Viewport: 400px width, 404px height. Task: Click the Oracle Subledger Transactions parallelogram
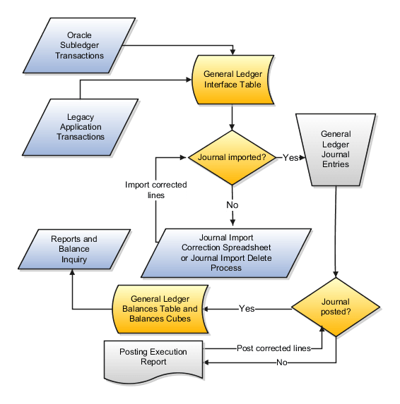tap(85, 45)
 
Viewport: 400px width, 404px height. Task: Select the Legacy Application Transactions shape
tap(81, 128)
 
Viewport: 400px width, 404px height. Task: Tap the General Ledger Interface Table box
tap(233, 79)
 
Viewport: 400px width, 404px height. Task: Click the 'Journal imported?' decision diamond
tap(231, 157)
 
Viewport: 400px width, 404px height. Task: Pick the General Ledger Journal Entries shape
tap(335, 149)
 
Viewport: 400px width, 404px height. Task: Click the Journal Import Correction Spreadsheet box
tap(226, 252)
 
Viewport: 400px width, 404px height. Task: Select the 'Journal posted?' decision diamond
tap(335, 307)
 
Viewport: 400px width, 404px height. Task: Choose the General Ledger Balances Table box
tap(163, 309)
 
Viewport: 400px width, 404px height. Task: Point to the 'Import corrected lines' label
tap(156, 190)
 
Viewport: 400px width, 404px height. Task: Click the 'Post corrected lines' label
tap(273, 348)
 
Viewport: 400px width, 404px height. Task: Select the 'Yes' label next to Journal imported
tap(290, 157)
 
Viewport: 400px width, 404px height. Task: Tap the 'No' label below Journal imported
tap(232, 205)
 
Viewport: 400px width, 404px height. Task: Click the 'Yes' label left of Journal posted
tap(247, 309)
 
